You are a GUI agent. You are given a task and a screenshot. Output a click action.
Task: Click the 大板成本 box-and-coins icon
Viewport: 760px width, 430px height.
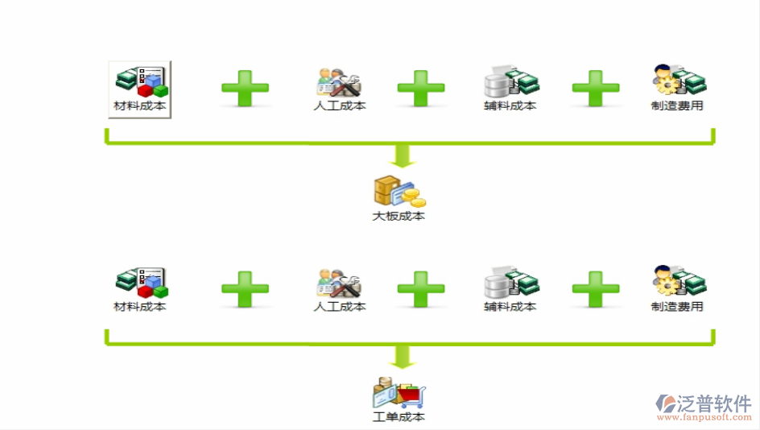[399, 192]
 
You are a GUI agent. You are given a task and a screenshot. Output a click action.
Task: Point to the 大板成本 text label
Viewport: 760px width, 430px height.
[399, 216]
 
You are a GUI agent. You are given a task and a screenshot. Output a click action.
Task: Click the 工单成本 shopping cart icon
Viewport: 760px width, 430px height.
[399, 393]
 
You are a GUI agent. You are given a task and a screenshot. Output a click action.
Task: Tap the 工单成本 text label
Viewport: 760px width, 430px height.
[399, 416]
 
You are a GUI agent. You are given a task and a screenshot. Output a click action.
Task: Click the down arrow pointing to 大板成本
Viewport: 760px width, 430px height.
[403, 156]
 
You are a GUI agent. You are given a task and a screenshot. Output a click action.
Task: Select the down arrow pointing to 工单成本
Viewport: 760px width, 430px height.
[403, 357]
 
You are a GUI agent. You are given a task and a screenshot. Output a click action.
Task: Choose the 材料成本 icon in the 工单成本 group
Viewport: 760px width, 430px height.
[140, 283]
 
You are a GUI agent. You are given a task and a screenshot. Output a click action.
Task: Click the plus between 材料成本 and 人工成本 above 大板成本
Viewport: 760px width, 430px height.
[245, 88]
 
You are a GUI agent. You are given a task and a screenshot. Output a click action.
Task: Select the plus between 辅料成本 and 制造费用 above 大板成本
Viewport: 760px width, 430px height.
[596, 88]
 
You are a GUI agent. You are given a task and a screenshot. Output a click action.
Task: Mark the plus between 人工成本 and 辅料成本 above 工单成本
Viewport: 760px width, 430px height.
[421, 289]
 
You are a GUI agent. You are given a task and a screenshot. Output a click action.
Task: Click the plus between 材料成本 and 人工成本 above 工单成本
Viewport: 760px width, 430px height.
[245, 289]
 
